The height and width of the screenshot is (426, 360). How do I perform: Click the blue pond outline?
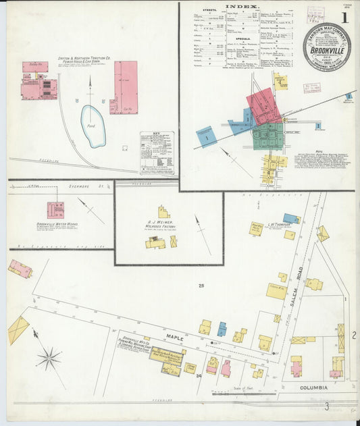pyautogui.click(x=93, y=126)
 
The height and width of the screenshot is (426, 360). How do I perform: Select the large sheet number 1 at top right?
pyautogui.click(x=345, y=18)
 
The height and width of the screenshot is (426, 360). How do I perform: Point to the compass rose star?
pyautogui.click(x=49, y=358)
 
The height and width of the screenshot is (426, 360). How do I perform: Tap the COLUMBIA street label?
pyautogui.click(x=314, y=388)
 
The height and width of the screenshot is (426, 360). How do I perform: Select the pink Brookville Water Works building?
pyautogui.click(x=55, y=210)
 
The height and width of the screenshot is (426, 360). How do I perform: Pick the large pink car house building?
pyautogui.click(x=124, y=87)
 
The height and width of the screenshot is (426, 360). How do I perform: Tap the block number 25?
pyautogui.click(x=201, y=286)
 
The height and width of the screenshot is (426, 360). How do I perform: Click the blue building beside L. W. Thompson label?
pyautogui.click(x=292, y=219)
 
